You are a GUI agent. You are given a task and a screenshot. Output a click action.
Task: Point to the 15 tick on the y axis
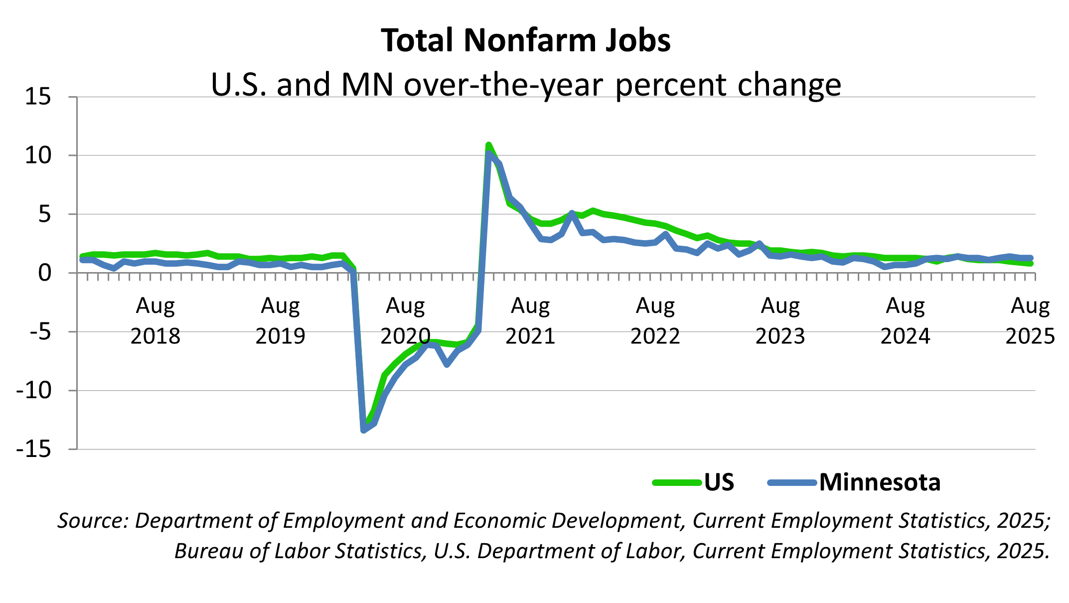coord(38,97)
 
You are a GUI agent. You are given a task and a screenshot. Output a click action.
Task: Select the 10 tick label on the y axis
coord(38,155)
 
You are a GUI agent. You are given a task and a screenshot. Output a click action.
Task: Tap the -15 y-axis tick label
coord(34,450)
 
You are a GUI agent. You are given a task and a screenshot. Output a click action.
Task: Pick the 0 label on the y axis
coord(45,273)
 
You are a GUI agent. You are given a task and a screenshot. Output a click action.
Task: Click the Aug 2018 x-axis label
coord(155,320)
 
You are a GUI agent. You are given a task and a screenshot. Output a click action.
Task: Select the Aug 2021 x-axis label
coord(530,320)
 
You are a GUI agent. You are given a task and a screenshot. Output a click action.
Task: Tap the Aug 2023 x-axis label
coord(780,320)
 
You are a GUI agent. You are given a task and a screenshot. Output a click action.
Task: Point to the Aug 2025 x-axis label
coord(1030,320)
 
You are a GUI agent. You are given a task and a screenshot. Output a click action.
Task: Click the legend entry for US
coord(719,482)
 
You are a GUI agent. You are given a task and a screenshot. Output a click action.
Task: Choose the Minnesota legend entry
coord(879,482)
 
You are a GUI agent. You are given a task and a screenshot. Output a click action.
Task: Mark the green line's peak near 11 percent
coord(489,145)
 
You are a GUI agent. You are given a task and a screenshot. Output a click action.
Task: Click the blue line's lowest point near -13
coord(364,430)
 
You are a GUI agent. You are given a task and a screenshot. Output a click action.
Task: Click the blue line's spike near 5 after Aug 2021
coord(572,213)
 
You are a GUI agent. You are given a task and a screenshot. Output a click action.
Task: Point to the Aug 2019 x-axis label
coord(280,320)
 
